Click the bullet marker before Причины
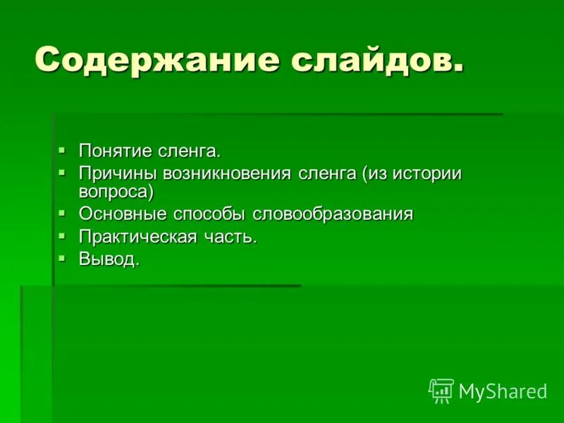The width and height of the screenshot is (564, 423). tap(62, 172)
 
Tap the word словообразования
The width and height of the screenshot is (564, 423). tap(332, 214)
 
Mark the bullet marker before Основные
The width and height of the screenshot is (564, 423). tap(62, 213)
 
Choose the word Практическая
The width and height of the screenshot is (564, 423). tap(138, 237)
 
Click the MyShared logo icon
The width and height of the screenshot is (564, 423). tap(441, 390)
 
